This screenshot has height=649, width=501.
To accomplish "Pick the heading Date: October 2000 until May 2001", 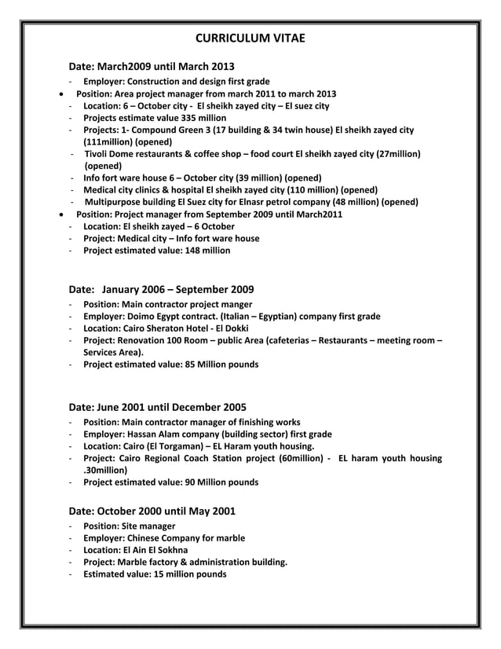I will click(x=152, y=511).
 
